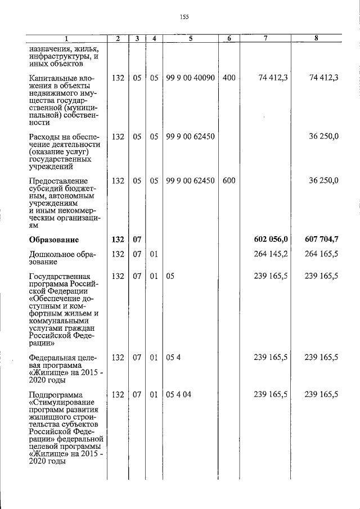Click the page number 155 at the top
point(184,17)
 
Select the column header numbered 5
point(191,38)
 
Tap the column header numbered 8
point(317,38)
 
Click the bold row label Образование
point(54,240)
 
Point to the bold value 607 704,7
point(322,240)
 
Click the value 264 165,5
point(322,254)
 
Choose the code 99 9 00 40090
point(191,78)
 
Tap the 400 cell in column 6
point(229,78)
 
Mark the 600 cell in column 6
point(229,181)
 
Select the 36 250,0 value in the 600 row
point(324,181)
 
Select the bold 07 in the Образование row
point(137,240)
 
